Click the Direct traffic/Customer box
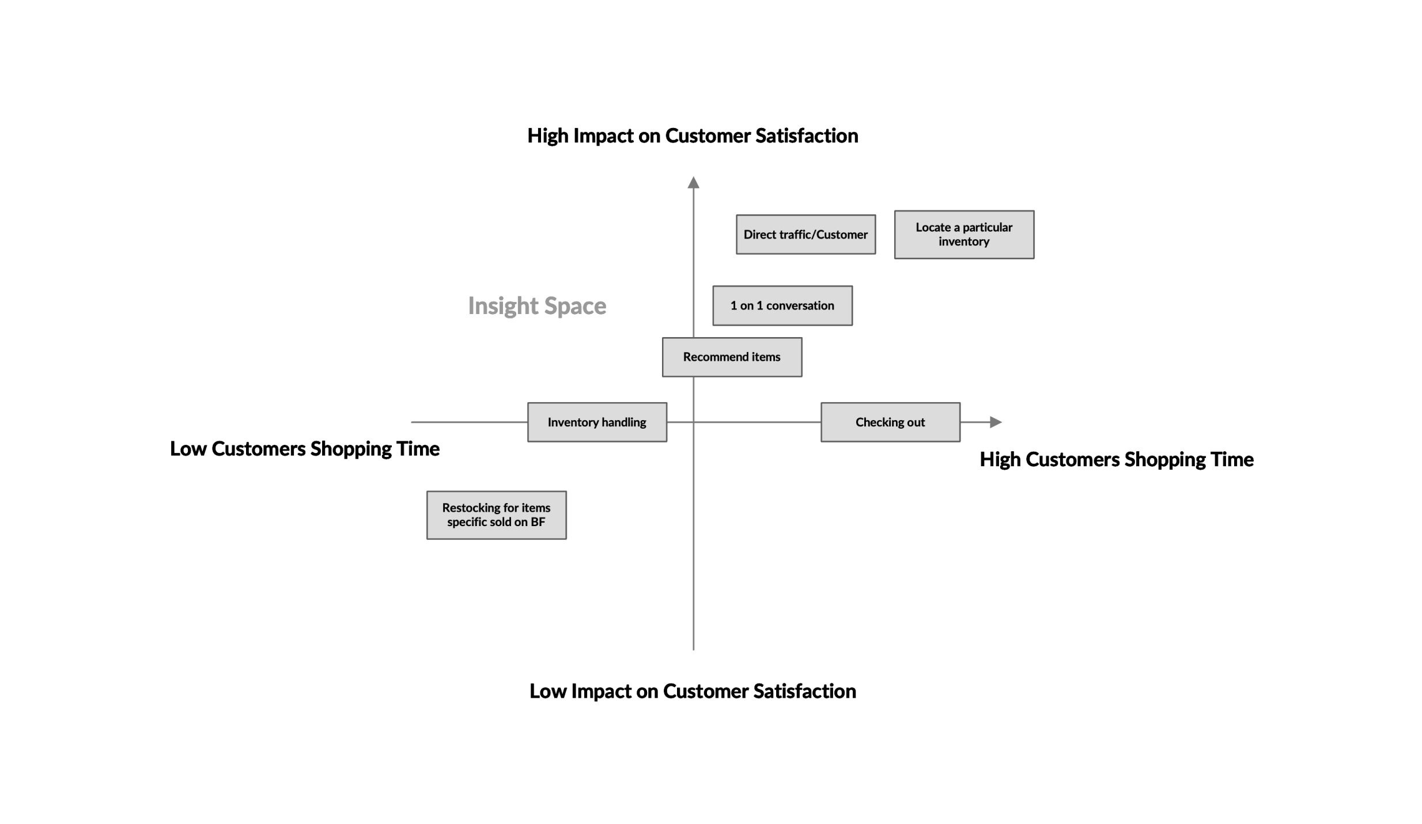click(805, 235)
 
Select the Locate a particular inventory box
click(963, 235)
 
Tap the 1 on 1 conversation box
click(782, 305)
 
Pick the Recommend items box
click(731, 357)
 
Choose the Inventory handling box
click(596, 422)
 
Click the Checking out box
click(890, 422)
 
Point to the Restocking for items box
click(496, 515)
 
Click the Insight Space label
click(536, 306)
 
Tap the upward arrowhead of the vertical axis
click(693, 183)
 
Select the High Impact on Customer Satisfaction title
click(692, 136)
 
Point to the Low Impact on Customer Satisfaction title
click(692, 691)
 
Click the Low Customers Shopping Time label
click(304, 449)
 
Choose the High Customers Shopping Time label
click(1116, 459)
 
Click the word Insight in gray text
click(502, 306)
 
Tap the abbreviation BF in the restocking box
click(538, 522)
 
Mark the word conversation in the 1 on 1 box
click(800, 306)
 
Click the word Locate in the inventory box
click(933, 228)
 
